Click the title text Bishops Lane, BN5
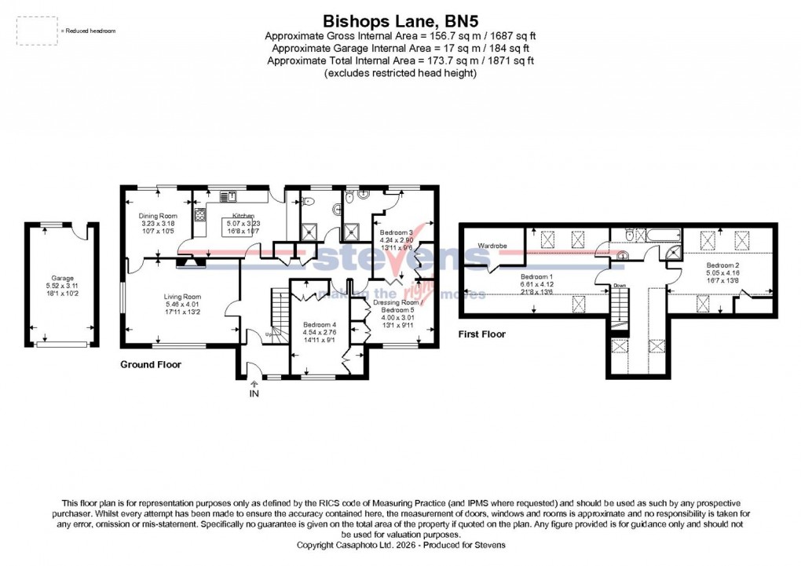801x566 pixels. tap(400, 20)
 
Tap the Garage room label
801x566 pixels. tap(63, 278)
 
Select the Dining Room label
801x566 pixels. tap(158, 216)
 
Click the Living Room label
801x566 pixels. tap(182, 296)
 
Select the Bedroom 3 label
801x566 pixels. tap(397, 233)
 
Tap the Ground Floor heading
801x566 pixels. tap(151, 364)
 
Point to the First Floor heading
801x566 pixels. tap(482, 334)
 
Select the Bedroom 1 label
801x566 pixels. tap(536, 276)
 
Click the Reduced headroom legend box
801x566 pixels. tap(37, 30)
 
